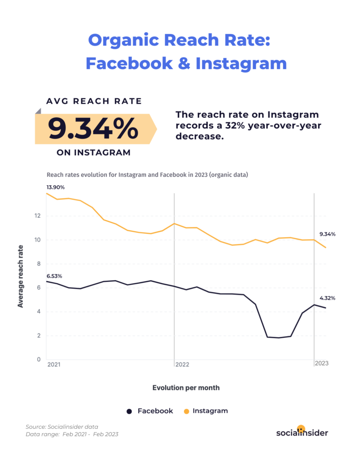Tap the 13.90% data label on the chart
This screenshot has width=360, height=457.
point(56,187)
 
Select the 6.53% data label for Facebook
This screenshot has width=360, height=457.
point(54,276)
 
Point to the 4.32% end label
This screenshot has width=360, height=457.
point(327,298)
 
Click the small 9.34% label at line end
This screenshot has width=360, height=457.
point(327,234)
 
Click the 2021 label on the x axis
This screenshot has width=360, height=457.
point(54,364)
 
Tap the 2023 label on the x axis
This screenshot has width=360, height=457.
point(322,363)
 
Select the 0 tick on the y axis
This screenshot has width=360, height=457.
point(39,360)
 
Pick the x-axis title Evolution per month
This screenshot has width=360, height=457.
point(186,387)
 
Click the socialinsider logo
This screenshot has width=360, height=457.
point(302,432)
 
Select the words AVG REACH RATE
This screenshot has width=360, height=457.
point(94,101)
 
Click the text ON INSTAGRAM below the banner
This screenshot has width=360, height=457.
point(94,153)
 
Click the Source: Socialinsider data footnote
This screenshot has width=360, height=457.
point(62,427)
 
